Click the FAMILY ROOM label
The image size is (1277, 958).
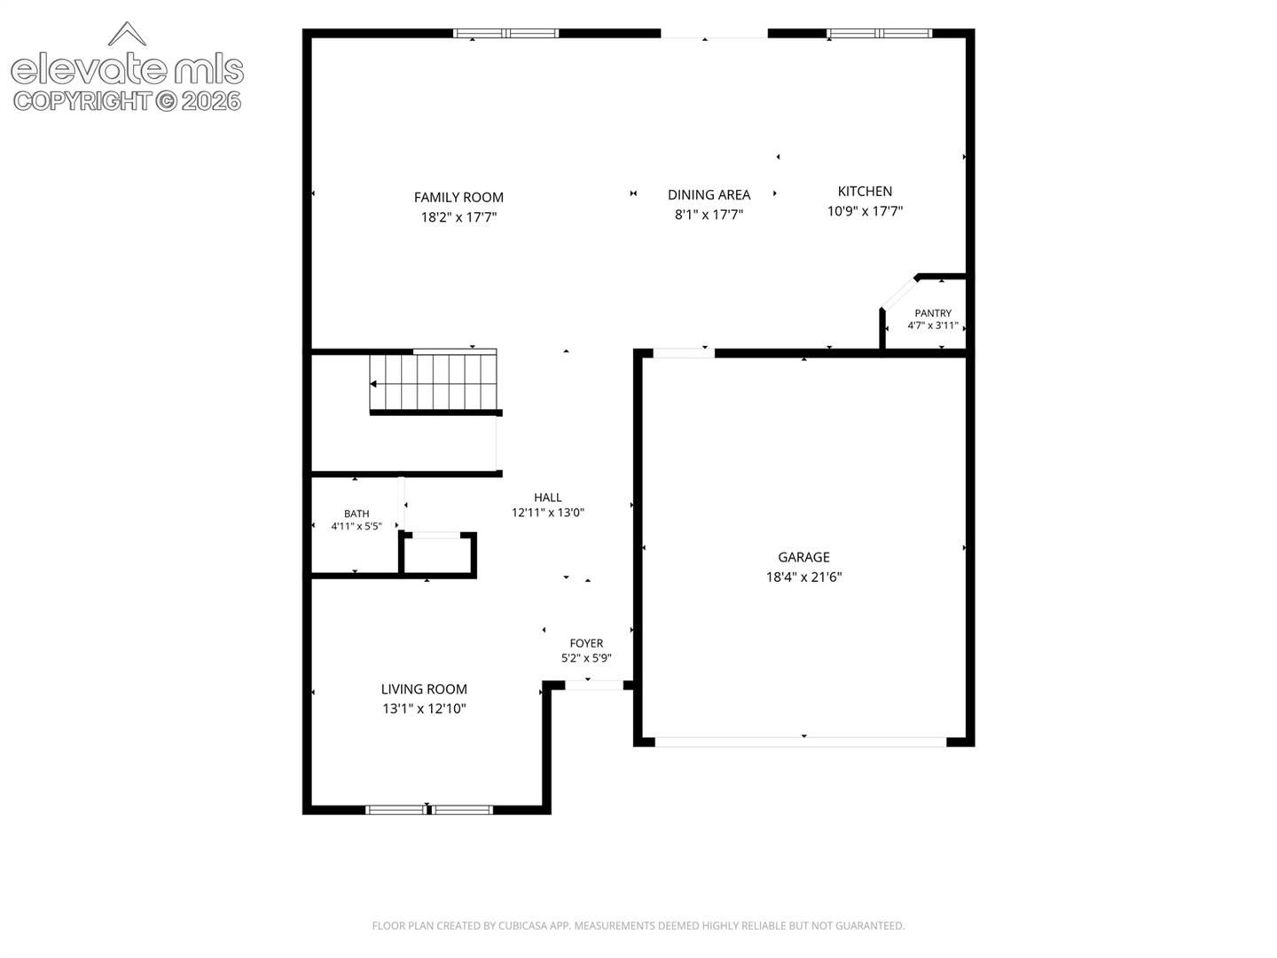[x=458, y=197]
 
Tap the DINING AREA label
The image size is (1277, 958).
[x=709, y=195]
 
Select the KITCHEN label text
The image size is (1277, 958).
[x=865, y=192]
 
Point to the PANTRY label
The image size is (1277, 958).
[x=933, y=313]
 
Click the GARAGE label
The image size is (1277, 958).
[x=803, y=557]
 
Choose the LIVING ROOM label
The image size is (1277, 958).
[x=424, y=689]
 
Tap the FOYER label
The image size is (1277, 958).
[x=586, y=643]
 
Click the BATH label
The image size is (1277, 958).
[x=356, y=514]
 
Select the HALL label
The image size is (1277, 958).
[x=547, y=498]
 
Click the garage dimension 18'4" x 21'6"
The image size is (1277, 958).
[x=803, y=577]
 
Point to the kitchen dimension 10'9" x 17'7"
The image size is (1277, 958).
[x=865, y=211]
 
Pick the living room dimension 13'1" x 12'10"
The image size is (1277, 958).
[x=424, y=709]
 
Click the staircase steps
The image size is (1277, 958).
[x=433, y=381]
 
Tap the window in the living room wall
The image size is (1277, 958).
[x=428, y=810]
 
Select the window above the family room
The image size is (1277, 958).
[x=505, y=33]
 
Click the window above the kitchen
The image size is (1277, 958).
[x=879, y=33]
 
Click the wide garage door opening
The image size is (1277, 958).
[x=801, y=742]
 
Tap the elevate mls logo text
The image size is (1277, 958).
[x=127, y=68]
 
